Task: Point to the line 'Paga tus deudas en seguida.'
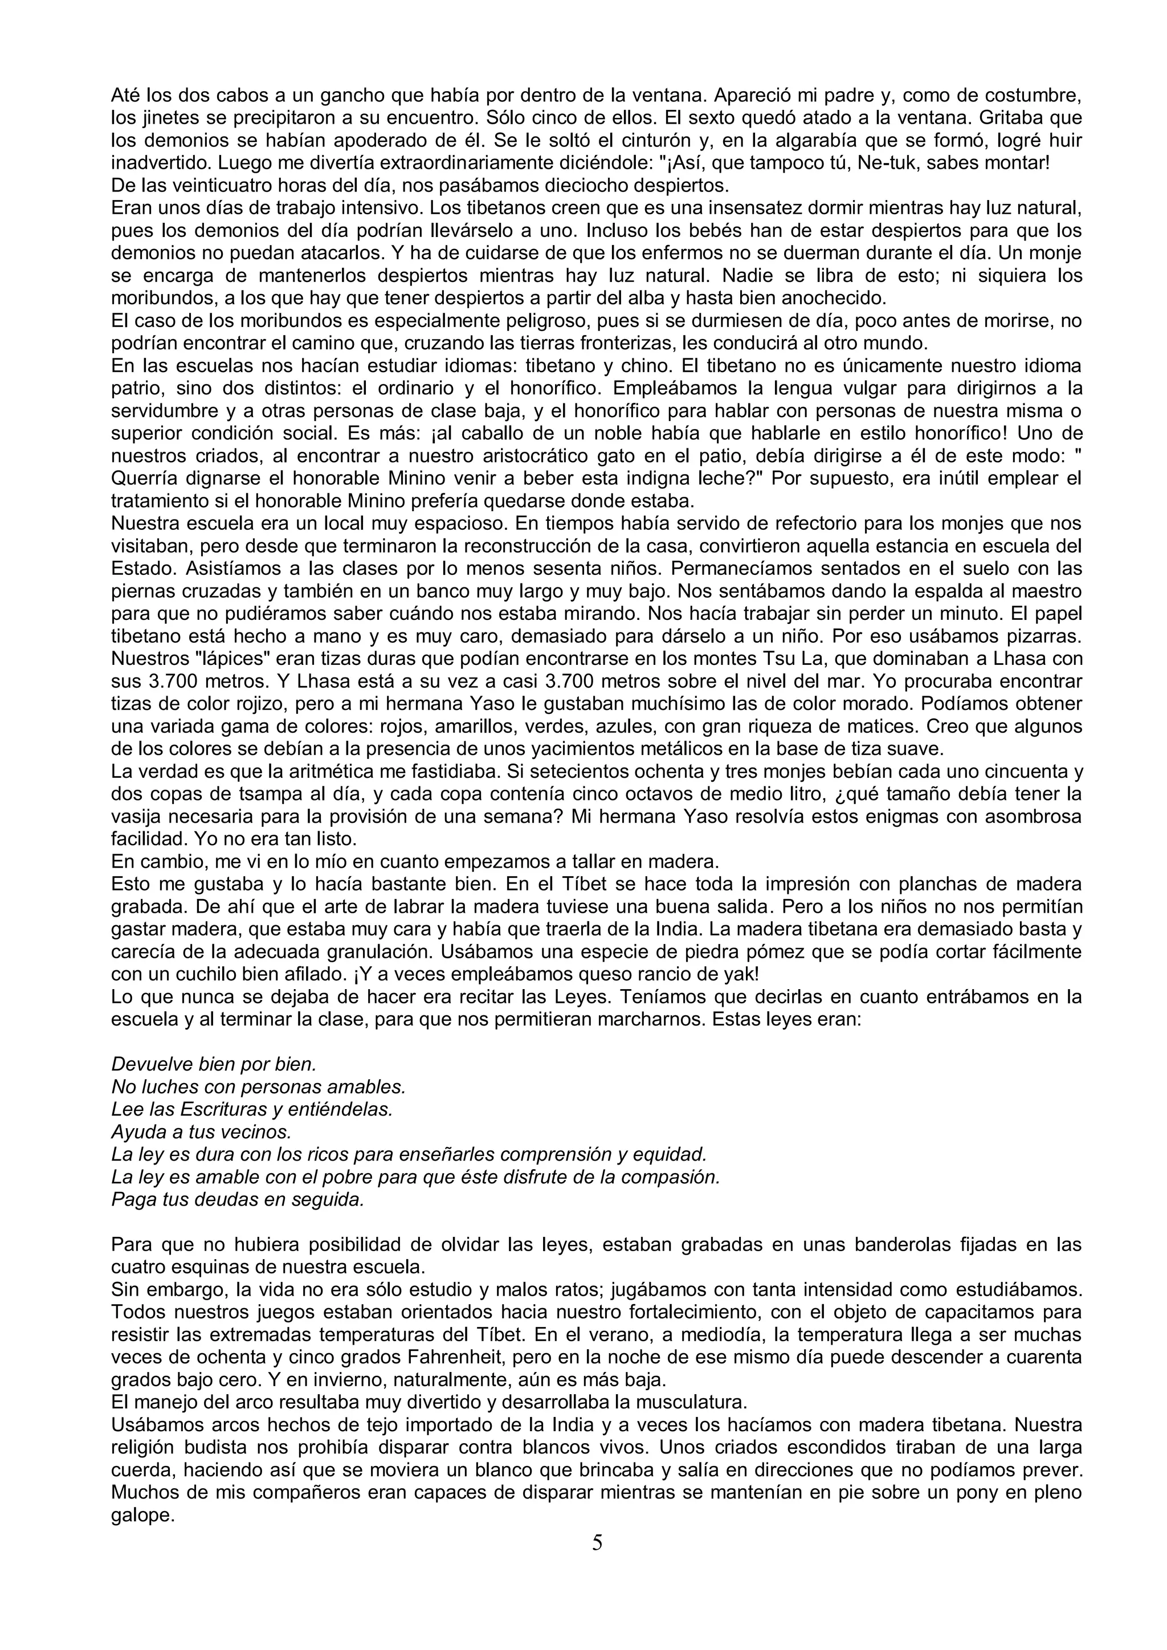[x=238, y=1200]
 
